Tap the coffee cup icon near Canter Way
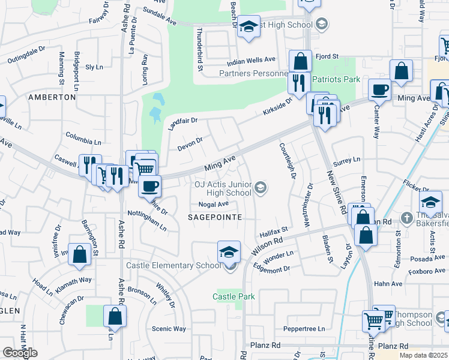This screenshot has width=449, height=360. (x=379, y=91)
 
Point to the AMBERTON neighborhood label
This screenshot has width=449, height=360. (x=53, y=97)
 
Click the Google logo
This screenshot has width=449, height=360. (x=19, y=353)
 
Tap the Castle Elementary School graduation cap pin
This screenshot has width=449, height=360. (x=229, y=253)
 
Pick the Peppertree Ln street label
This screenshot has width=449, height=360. (x=304, y=329)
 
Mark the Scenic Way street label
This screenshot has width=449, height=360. (x=169, y=328)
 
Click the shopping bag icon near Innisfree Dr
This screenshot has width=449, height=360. (x=79, y=255)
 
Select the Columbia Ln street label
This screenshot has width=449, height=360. (x=83, y=139)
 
